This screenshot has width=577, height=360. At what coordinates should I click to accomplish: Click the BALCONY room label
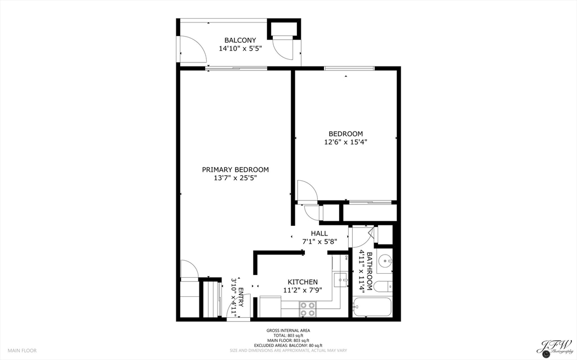coord(240,40)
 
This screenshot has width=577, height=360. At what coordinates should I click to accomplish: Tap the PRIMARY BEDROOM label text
coord(236,170)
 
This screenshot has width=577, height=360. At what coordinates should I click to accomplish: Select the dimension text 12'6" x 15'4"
coord(345,142)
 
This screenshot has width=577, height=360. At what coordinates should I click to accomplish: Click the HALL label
coord(319,233)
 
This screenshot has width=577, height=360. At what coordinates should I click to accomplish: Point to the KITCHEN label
coord(303,282)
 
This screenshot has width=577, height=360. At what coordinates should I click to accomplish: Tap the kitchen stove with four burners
coord(307,309)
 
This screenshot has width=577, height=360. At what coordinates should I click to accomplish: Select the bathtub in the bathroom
coord(371,308)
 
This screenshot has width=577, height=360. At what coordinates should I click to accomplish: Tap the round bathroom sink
coord(385,261)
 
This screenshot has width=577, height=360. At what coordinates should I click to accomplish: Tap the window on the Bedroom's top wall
coord(349,68)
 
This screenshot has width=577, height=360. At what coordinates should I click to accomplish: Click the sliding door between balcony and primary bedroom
coord(237,68)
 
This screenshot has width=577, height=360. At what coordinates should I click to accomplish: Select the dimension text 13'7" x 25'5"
coord(236,178)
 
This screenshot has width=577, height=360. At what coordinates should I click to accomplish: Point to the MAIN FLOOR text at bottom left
coord(22,350)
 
